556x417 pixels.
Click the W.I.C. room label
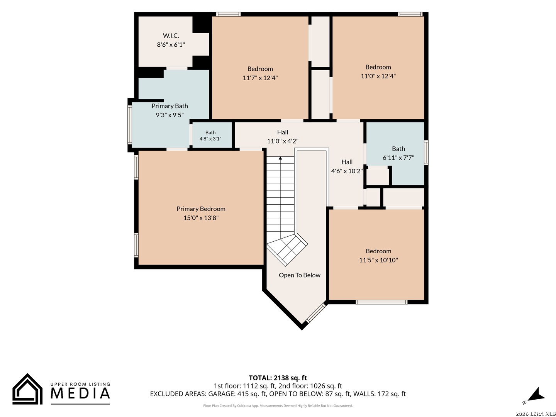pyautogui.click(x=171, y=36)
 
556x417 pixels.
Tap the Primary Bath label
pyautogui.click(x=170, y=106)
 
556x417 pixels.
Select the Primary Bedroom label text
pyautogui.click(x=201, y=208)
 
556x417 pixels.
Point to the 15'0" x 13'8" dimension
pyautogui.click(x=201, y=218)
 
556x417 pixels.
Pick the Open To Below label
pyautogui.click(x=299, y=275)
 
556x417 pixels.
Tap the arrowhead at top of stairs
pyautogui.click(x=280, y=158)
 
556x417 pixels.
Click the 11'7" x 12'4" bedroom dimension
pyautogui.click(x=260, y=78)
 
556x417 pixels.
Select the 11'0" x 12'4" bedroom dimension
pyautogui.click(x=378, y=76)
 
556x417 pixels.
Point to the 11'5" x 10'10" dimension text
pyautogui.click(x=378, y=260)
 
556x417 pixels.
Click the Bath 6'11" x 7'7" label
pyautogui.click(x=398, y=153)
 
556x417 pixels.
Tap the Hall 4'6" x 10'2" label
pyautogui.click(x=347, y=166)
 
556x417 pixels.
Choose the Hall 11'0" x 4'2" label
pyautogui.click(x=282, y=136)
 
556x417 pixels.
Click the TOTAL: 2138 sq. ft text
pyautogui.click(x=278, y=378)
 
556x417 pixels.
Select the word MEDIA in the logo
pyautogui.click(x=80, y=393)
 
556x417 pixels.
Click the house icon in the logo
pyautogui.click(x=27, y=389)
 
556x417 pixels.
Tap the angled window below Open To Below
pyautogui.click(x=316, y=313)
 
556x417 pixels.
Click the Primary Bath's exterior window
pyautogui.click(x=129, y=125)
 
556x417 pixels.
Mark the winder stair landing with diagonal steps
pyautogui.click(x=287, y=249)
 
